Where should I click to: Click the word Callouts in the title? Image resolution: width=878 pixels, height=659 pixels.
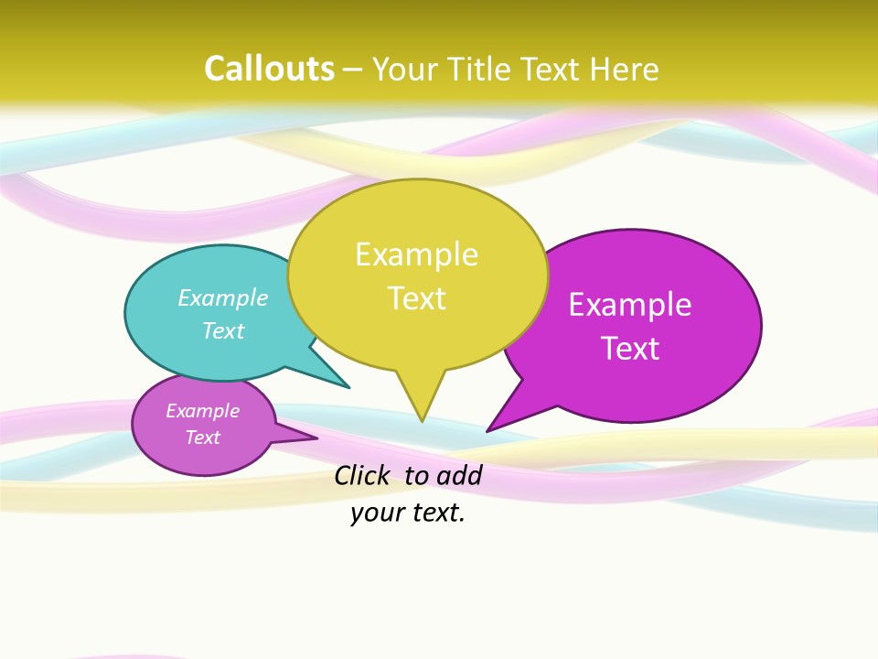(269, 70)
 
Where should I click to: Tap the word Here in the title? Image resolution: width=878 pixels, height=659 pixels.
(625, 70)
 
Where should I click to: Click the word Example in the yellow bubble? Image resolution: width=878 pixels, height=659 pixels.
(416, 254)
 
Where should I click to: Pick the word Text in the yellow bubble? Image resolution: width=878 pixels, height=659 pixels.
(417, 298)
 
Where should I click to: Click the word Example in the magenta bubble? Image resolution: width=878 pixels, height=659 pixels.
(630, 305)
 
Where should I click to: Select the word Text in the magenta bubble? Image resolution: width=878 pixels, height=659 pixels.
(630, 349)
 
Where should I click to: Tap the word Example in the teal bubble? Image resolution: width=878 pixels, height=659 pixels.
(223, 298)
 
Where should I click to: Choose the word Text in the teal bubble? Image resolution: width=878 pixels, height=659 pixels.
(223, 330)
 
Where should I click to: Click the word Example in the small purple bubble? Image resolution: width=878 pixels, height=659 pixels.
(203, 411)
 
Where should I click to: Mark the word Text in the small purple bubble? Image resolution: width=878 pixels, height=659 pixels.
(203, 438)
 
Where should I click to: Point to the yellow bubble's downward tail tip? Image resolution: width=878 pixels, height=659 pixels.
(422, 420)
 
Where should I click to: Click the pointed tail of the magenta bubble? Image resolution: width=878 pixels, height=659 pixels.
(488, 429)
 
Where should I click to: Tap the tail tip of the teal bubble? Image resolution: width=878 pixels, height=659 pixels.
(348, 386)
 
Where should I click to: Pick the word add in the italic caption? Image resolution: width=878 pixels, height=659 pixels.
(458, 475)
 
